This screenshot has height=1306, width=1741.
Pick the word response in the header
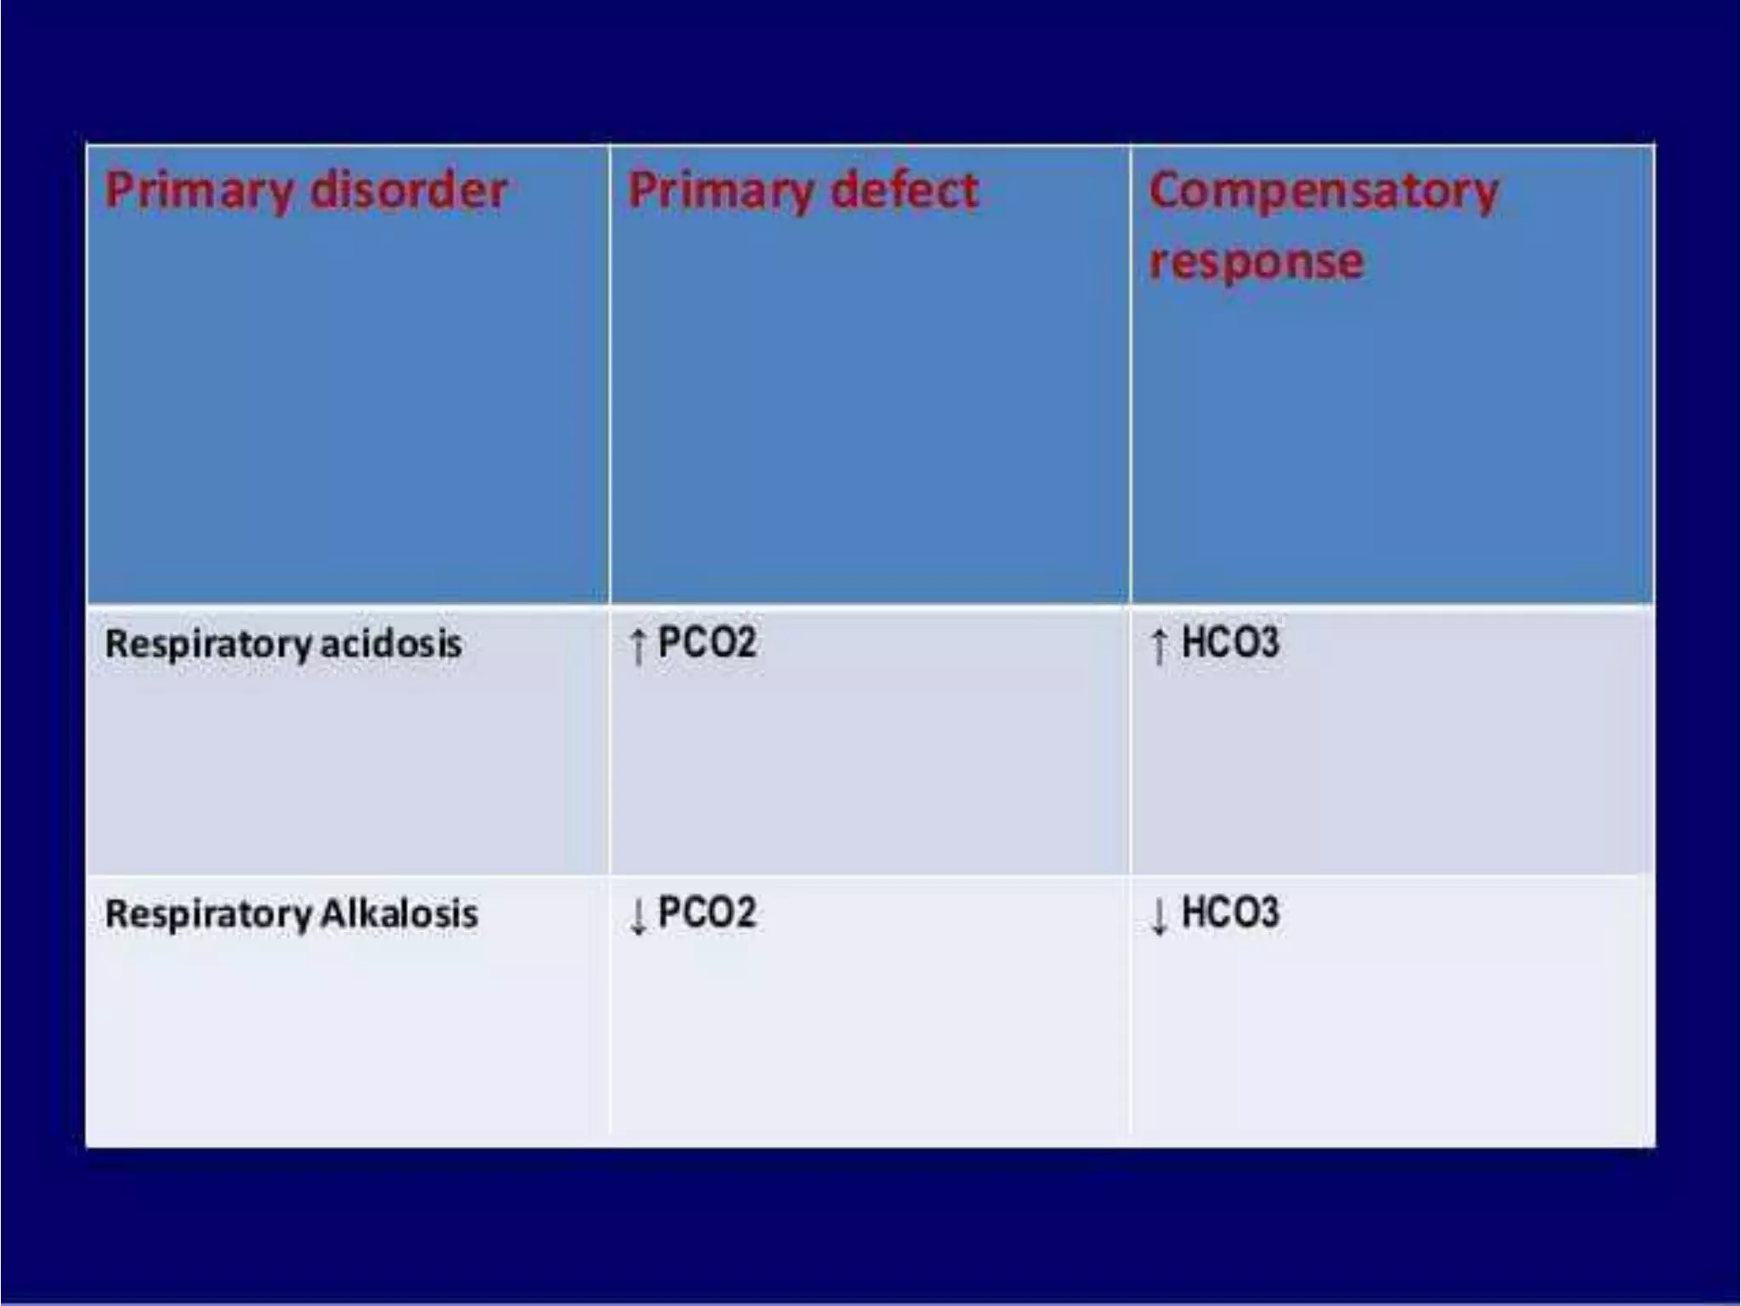[x=1256, y=260]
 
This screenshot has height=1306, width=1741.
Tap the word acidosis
[x=391, y=644]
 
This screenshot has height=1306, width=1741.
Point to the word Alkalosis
[x=400, y=914]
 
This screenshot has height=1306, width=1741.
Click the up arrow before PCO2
[x=638, y=647]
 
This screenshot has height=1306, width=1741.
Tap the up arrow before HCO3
[x=1159, y=647]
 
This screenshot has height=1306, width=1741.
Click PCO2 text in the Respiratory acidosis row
[x=707, y=642]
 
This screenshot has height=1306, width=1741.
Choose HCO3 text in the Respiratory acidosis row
[x=1230, y=642]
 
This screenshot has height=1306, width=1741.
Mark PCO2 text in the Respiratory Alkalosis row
[x=707, y=912]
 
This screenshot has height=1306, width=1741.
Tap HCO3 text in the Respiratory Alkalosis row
[x=1230, y=912]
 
